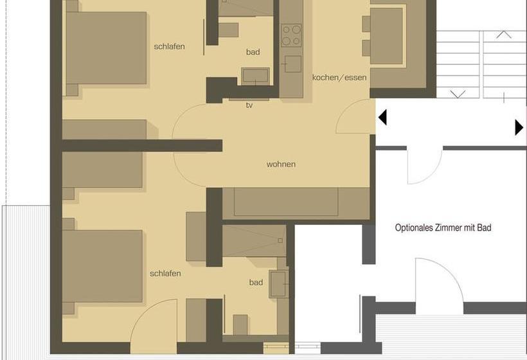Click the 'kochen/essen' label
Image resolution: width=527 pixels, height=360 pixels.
coord(339,78)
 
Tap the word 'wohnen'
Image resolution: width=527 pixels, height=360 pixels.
coord(281,165)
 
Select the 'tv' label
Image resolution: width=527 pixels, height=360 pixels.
coord(249,105)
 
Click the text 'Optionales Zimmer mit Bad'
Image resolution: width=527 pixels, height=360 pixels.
coord(443,228)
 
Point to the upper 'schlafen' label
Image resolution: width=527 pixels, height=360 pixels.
coord(169,46)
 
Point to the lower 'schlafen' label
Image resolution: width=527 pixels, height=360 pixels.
coord(165,273)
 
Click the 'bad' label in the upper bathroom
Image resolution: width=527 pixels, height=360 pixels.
coord(253,52)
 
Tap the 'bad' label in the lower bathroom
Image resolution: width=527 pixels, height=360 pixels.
coord(256,282)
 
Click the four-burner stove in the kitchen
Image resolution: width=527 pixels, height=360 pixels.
coord(291,35)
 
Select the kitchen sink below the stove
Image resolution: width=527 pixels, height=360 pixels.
coord(292,64)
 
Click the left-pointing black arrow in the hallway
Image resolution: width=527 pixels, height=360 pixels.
coord(382,118)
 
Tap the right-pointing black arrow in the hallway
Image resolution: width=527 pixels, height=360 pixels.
coord(519,127)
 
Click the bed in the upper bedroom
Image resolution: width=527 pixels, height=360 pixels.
coord(106,48)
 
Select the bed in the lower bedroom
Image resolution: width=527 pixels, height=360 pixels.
coord(103,265)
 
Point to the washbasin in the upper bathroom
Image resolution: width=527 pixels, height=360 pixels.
coord(255,76)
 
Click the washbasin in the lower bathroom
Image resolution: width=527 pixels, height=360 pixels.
coord(278,283)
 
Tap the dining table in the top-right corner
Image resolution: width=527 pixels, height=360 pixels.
coord(386,35)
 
